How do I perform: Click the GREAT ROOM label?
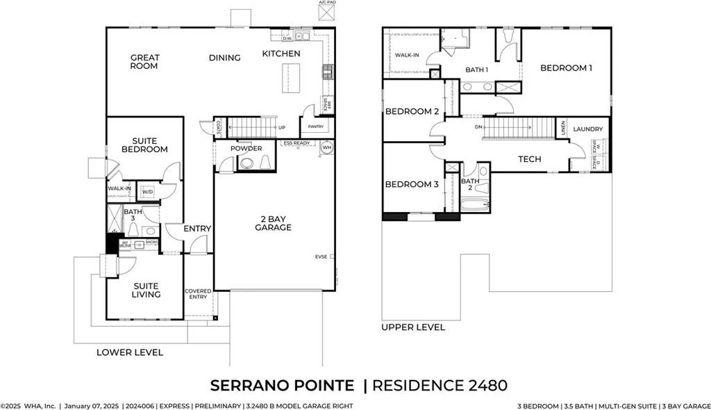(144, 62)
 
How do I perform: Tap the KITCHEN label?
(281, 54)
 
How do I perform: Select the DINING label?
(224, 58)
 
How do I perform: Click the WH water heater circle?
(326, 149)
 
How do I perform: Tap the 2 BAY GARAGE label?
(273, 223)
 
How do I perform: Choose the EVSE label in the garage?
(321, 257)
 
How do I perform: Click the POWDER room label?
(246, 149)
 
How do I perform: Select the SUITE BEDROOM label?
(144, 145)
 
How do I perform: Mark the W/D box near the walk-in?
(148, 192)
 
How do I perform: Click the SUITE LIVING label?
(146, 290)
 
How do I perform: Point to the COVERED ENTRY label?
(198, 295)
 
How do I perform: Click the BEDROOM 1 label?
(566, 68)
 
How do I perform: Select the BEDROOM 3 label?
(412, 184)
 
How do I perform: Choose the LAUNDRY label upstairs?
(587, 129)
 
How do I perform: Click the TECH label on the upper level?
(530, 159)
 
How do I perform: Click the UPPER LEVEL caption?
(413, 327)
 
